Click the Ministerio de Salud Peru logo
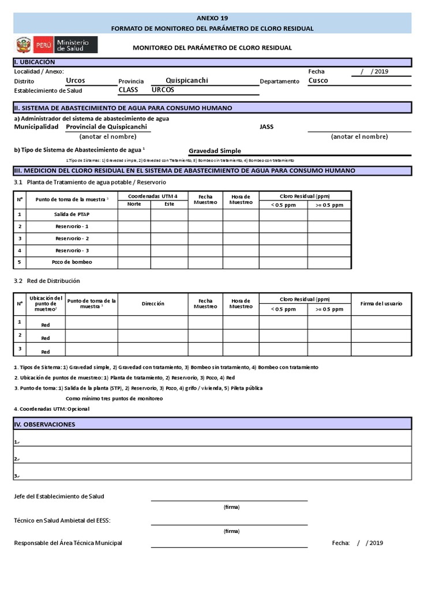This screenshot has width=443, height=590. point(56,45)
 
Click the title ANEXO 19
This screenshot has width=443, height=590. point(212,18)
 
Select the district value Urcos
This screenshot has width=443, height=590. point(76,81)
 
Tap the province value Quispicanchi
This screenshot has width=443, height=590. point(187,81)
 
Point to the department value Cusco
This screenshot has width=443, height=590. point(318,81)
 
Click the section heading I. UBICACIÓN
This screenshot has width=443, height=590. point(35,62)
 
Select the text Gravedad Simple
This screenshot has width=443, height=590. point(215,151)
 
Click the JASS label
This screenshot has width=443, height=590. point(267,127)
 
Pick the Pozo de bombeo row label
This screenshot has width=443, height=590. point(72,262)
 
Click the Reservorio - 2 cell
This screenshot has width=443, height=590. point(72,239)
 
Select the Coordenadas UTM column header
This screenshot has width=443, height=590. point(153,196)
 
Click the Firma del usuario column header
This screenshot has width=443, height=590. point(381,304)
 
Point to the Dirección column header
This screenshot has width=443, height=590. point(153,304)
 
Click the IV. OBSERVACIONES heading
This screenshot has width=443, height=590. point(46,424)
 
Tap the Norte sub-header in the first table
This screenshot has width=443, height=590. point(134,205)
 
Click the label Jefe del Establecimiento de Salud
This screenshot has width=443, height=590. point(59,496)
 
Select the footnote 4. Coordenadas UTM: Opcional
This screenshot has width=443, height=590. point(52,409)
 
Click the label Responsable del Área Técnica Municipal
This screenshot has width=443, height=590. point(68,543)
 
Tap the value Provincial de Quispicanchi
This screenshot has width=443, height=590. point(107,127)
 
